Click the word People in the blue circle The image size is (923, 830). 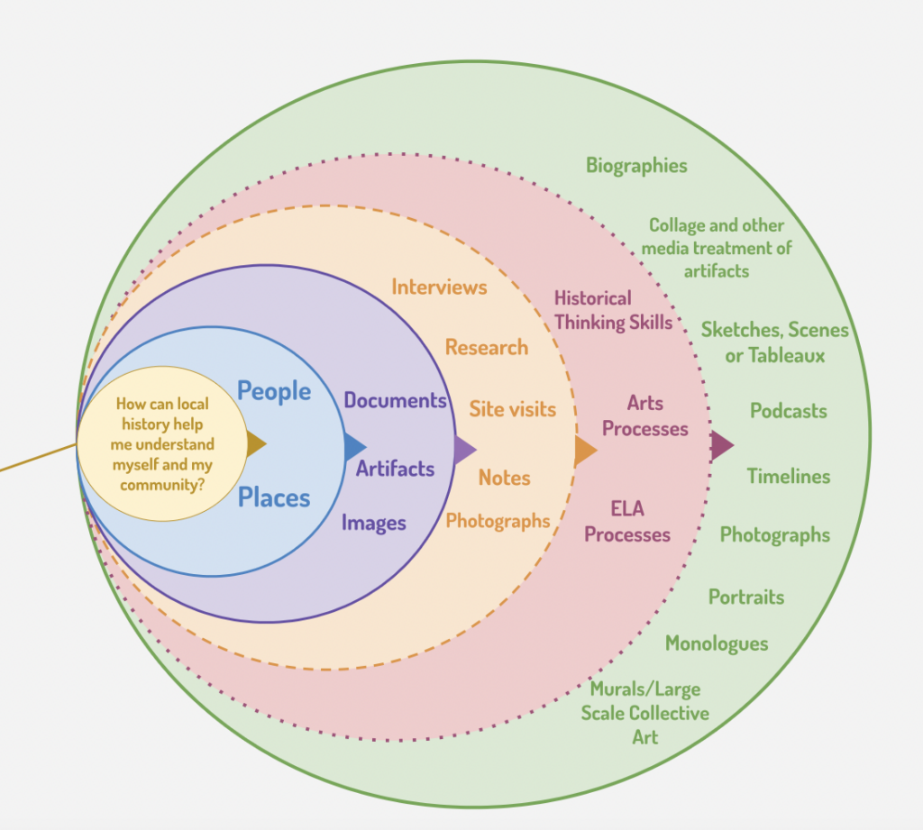point(274,391)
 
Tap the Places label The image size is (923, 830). point(274,497)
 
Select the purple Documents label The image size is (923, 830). point(396,400)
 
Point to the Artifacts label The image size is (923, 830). point(395,469)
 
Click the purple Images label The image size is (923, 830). point(373,523)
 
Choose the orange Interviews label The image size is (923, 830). point(439,287)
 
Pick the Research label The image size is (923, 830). point(487,347)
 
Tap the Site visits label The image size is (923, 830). point(513,409)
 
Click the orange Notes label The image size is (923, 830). point(504,478)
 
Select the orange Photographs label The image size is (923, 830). point(498,521)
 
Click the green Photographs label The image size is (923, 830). point(774,535)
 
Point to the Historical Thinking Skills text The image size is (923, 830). point(613,310)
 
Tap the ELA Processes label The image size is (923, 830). point(627,522)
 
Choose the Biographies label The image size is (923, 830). point(636,166)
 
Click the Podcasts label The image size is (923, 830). point(788,411)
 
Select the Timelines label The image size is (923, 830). point(789,476)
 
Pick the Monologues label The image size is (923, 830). point(717,643)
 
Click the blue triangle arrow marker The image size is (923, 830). point(354,446)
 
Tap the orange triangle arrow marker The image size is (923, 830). point(585,451)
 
